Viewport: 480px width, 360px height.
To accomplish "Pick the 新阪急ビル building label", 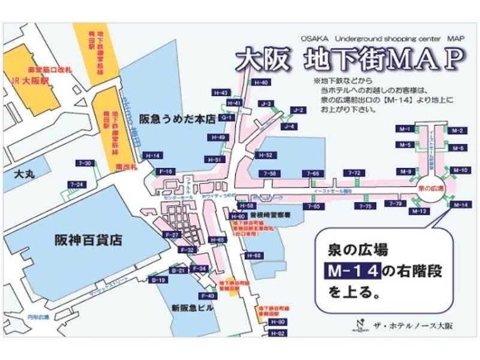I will (x=193, y=308).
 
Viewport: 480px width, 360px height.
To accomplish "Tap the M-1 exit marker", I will (x=404, y=130).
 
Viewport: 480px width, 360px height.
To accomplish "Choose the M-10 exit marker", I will (x=460, y=170).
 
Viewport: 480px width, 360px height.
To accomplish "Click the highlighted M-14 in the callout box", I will (x=353, y=271).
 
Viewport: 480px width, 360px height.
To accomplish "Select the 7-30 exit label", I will (x=85, y=163).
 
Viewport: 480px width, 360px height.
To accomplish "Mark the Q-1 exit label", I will (x=227, y=118).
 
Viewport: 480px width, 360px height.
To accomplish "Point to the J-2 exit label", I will (x=299, y=110).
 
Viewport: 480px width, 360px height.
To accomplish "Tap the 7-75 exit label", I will (x=365, y=206).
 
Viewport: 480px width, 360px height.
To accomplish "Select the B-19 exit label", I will (x=159, y=280).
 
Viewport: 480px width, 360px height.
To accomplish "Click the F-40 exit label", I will (x=209, y=296).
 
